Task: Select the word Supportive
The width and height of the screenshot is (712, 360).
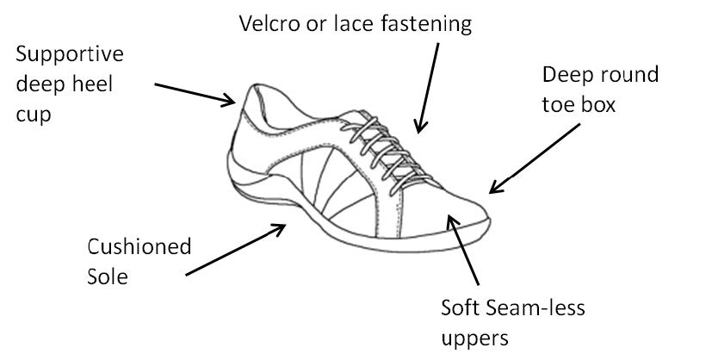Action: point(70,55)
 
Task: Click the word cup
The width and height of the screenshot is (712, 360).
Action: point(34,115)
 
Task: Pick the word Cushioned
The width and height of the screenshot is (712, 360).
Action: point(139,247)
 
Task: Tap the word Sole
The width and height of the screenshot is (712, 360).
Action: point(107,276)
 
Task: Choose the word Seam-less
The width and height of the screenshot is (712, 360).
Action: point(535,308)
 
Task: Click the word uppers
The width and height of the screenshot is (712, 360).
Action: point(474,339)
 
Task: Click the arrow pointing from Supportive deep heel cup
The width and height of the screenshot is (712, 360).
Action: point(195,95)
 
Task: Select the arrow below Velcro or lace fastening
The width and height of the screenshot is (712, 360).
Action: point(427,88)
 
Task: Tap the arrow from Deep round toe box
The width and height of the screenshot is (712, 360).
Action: point(535,158)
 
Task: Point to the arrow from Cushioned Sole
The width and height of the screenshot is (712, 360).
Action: point(236,250)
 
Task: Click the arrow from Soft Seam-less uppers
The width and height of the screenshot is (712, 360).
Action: point(462,250)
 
